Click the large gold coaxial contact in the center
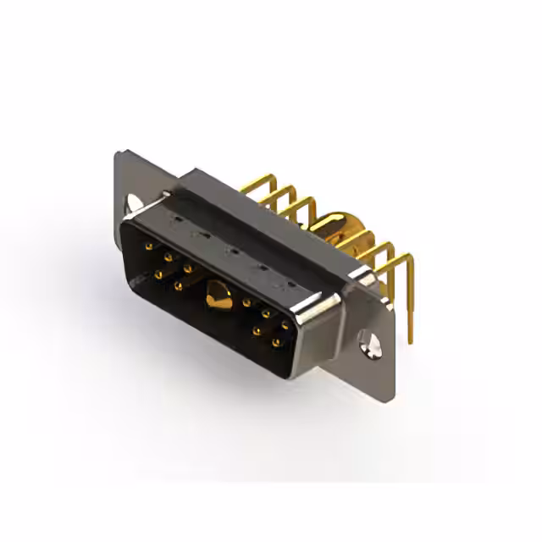(x=218, y=297)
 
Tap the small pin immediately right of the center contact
(x=246, y=301)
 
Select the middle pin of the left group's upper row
(x=168, y=257)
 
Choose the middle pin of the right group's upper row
(x=266, y=312)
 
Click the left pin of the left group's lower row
(x=158, y=274)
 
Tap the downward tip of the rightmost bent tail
(x=410, y=339)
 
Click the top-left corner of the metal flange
(x=119, y=153)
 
